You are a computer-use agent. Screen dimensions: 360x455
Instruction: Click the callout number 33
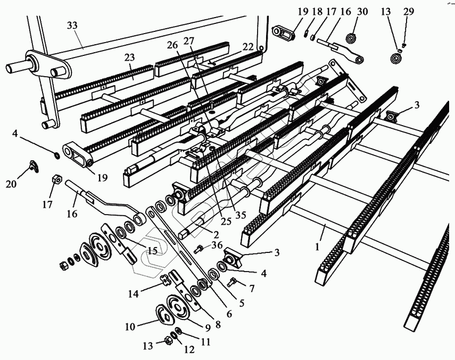coord(72,26)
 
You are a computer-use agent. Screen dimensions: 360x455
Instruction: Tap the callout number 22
coord(247,46)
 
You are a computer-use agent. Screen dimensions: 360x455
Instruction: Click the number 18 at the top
coord(317,11)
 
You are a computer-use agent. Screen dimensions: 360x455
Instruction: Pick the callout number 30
coord(362,11)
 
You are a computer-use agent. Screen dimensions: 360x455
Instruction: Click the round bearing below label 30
coord(351,39)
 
